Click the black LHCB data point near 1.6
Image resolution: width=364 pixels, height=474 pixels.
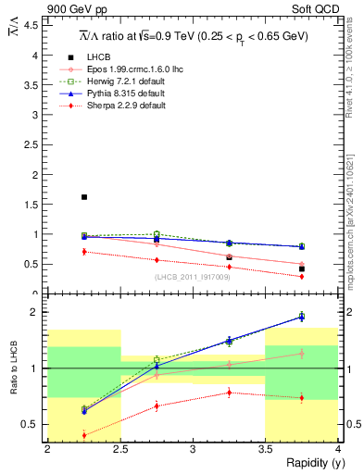[x=84, y=197]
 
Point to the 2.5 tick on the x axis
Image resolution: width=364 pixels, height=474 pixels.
[x=120, y=448]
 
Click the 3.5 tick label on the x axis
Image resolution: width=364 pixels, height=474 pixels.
[x=265, y=448]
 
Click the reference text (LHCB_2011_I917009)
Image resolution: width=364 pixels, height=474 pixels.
[x=192, y=277]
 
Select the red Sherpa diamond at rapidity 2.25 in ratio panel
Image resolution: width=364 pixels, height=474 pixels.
[x=84, y=435]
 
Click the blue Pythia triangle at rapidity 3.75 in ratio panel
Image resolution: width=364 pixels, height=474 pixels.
[x=301, y=317]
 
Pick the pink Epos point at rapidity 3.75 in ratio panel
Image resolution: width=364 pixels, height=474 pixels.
[x=301, y=353]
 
